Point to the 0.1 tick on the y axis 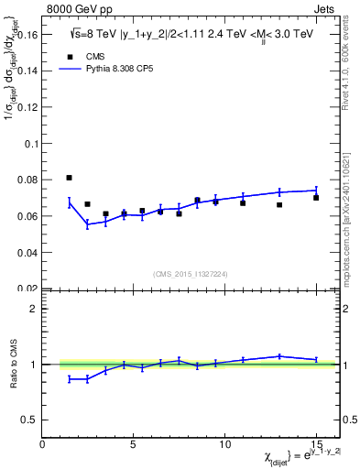[x=32, y=144]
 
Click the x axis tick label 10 [x=224, y=443]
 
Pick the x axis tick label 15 [x=316, y=443]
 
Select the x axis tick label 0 [x=43, y=443]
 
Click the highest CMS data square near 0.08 [x=70, y=178]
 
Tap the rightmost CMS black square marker [x=316, y=198]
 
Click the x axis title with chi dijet [x=278, y=457]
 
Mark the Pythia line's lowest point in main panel [x=88, y=224]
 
